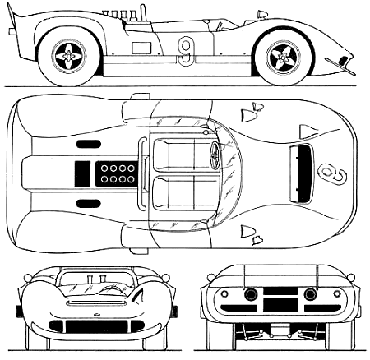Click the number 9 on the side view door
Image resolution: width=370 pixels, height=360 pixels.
(186, 52)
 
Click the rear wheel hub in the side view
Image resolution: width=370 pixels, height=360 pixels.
(68, 56)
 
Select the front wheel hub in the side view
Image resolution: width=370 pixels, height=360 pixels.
(282, 57)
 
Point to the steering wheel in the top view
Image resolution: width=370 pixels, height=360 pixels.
(215, 155)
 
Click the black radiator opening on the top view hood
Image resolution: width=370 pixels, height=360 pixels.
(304, 173)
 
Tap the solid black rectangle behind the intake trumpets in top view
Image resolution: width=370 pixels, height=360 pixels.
(82, 174)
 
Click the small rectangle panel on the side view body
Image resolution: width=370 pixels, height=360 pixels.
(141, 48)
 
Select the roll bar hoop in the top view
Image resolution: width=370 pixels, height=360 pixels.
(142, 174)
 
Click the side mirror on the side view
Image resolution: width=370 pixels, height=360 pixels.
(261, 14)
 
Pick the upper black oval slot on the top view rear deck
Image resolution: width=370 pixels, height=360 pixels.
(89, 144)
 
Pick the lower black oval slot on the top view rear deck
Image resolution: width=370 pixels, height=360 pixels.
(89, 204)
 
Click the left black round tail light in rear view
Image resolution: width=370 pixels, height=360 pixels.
(251, 294)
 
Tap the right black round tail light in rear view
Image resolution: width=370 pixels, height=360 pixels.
(310, 294)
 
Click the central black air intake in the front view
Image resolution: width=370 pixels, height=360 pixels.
(97, 326)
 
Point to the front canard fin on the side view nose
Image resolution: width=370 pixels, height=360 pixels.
(340, 67)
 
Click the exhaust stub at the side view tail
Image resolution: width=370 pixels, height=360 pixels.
(12, 32)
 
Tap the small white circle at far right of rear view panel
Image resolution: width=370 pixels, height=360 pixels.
(337, 293)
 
